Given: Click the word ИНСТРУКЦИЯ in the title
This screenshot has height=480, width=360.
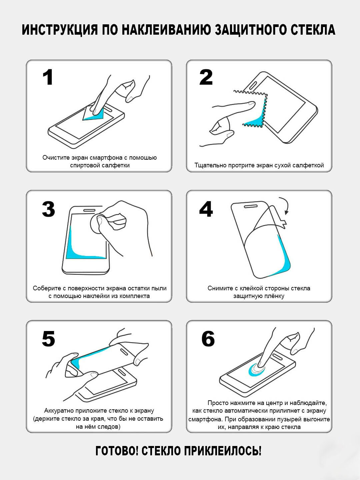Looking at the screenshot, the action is tap(60, 30).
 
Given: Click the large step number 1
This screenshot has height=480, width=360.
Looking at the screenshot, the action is tap(48, 77).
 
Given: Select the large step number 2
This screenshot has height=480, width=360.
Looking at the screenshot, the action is tap(206, 77).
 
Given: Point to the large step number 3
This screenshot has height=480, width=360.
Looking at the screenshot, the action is tap(48, 209).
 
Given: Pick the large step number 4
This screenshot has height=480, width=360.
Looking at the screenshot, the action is tap(206, 209).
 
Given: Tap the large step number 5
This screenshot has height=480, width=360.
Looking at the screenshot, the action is tap(48, 339).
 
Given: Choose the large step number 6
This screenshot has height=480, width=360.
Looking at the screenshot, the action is tap(208, 339).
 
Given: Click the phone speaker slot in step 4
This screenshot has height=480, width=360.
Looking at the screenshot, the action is tap(251, 206).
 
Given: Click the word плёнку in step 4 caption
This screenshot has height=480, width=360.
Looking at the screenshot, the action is tap(273, 296).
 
